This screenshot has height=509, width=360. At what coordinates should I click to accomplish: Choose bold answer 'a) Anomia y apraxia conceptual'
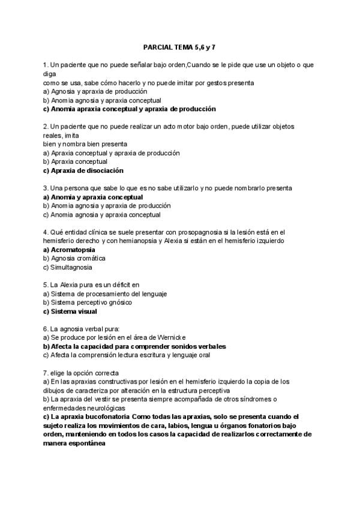click(93, 197)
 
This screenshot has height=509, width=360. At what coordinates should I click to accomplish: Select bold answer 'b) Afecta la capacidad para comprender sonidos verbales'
click(137, 346)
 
